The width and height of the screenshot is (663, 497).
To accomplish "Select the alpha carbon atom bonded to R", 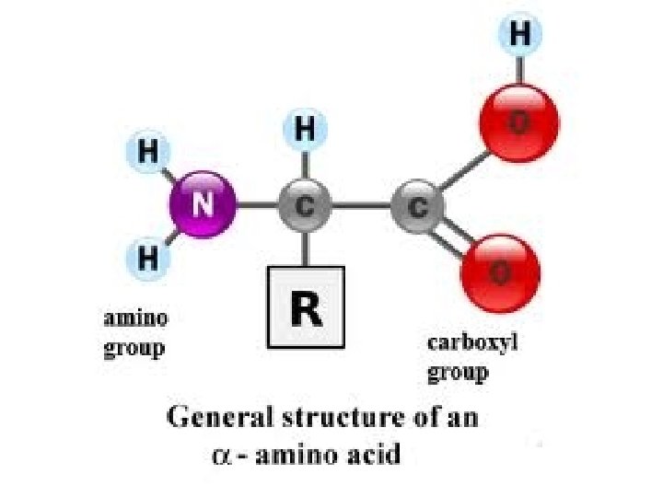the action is pyautogui.click(x=305, y=205).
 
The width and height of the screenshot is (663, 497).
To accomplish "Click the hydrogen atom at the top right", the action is pyautogui.click(x=520, y=36).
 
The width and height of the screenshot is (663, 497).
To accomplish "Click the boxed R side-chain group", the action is pyautogui.click(x=306, y=307).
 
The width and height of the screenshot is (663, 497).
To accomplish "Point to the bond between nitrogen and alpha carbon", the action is pyautogui.click(x=258, y=205).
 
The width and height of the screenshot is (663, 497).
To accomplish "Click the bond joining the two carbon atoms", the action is pyautogui.click(x=361, y=205).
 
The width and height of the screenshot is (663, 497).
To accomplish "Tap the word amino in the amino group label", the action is pyautogui.click(x=135, y=319).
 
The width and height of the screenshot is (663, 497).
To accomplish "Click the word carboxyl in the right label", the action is pyautogui.click(x=473, y=343).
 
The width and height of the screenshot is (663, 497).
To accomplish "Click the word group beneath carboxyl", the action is pyautogui.click(x=458, y=372).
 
